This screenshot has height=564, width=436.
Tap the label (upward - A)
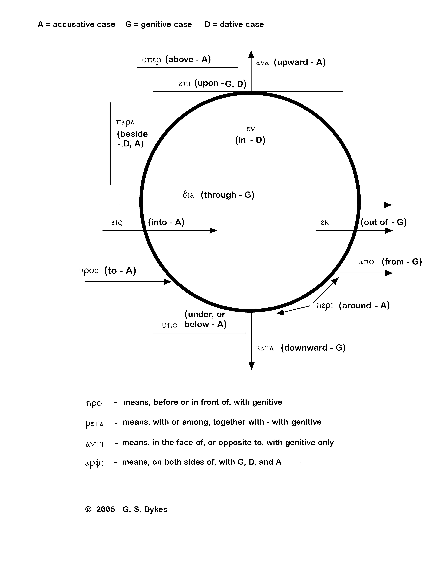(300, 62)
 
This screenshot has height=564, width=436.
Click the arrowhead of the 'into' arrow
(213, 230)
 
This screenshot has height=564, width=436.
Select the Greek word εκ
(325, 223)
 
